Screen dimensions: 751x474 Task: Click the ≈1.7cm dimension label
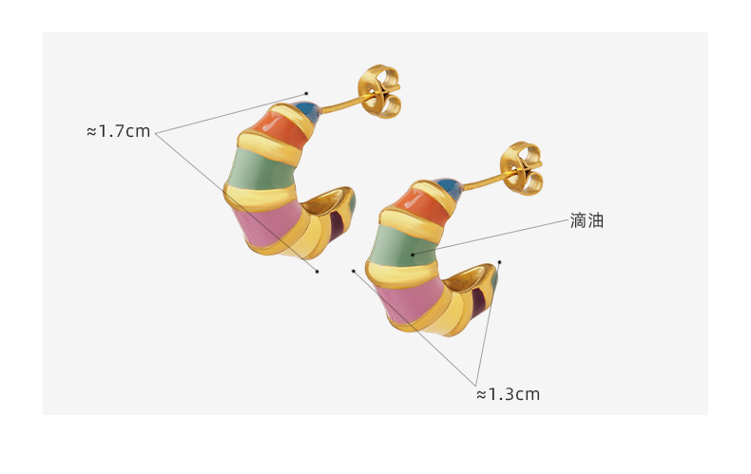tap(119, 131)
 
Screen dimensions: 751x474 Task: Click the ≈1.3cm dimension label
tap(508, 393)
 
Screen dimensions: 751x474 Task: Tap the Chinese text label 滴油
tap(587, 220)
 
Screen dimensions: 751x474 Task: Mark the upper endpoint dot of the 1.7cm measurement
tap(307, 93)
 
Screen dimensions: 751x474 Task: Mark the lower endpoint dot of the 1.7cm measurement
tap(318, 272)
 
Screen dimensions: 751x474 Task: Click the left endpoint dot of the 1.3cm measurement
tap(354, 271)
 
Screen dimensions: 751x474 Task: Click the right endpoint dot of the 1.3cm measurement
tap(499, 262)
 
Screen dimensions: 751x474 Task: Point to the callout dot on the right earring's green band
tap(413, 254)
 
